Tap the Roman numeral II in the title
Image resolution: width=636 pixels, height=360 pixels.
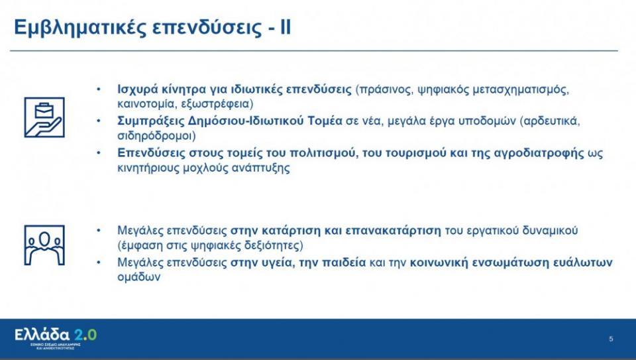(x=283, y=29)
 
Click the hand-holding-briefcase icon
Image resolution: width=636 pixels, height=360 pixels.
(x=44, y=117)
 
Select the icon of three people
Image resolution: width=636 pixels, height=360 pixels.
(x=44, y=245)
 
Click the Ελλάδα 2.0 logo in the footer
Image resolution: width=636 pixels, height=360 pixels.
(x=56, y=335)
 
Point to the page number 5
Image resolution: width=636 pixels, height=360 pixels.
(x=611, y=339)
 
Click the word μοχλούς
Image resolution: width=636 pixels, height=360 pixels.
(x=198, y=168)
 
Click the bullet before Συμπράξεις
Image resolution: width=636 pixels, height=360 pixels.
(x=99, y=121)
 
